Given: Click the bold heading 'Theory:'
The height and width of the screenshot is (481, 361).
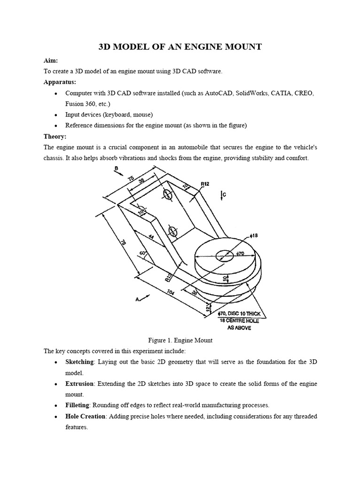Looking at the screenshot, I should [55, 136].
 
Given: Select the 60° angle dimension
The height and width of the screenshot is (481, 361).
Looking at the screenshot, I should [141, 254].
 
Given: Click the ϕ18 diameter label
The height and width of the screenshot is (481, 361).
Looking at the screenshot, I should [254, 235].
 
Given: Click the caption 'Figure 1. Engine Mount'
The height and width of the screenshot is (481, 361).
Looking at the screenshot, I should [180, 340].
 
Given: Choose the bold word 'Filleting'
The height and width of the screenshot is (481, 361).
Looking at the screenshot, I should [78, 405].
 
